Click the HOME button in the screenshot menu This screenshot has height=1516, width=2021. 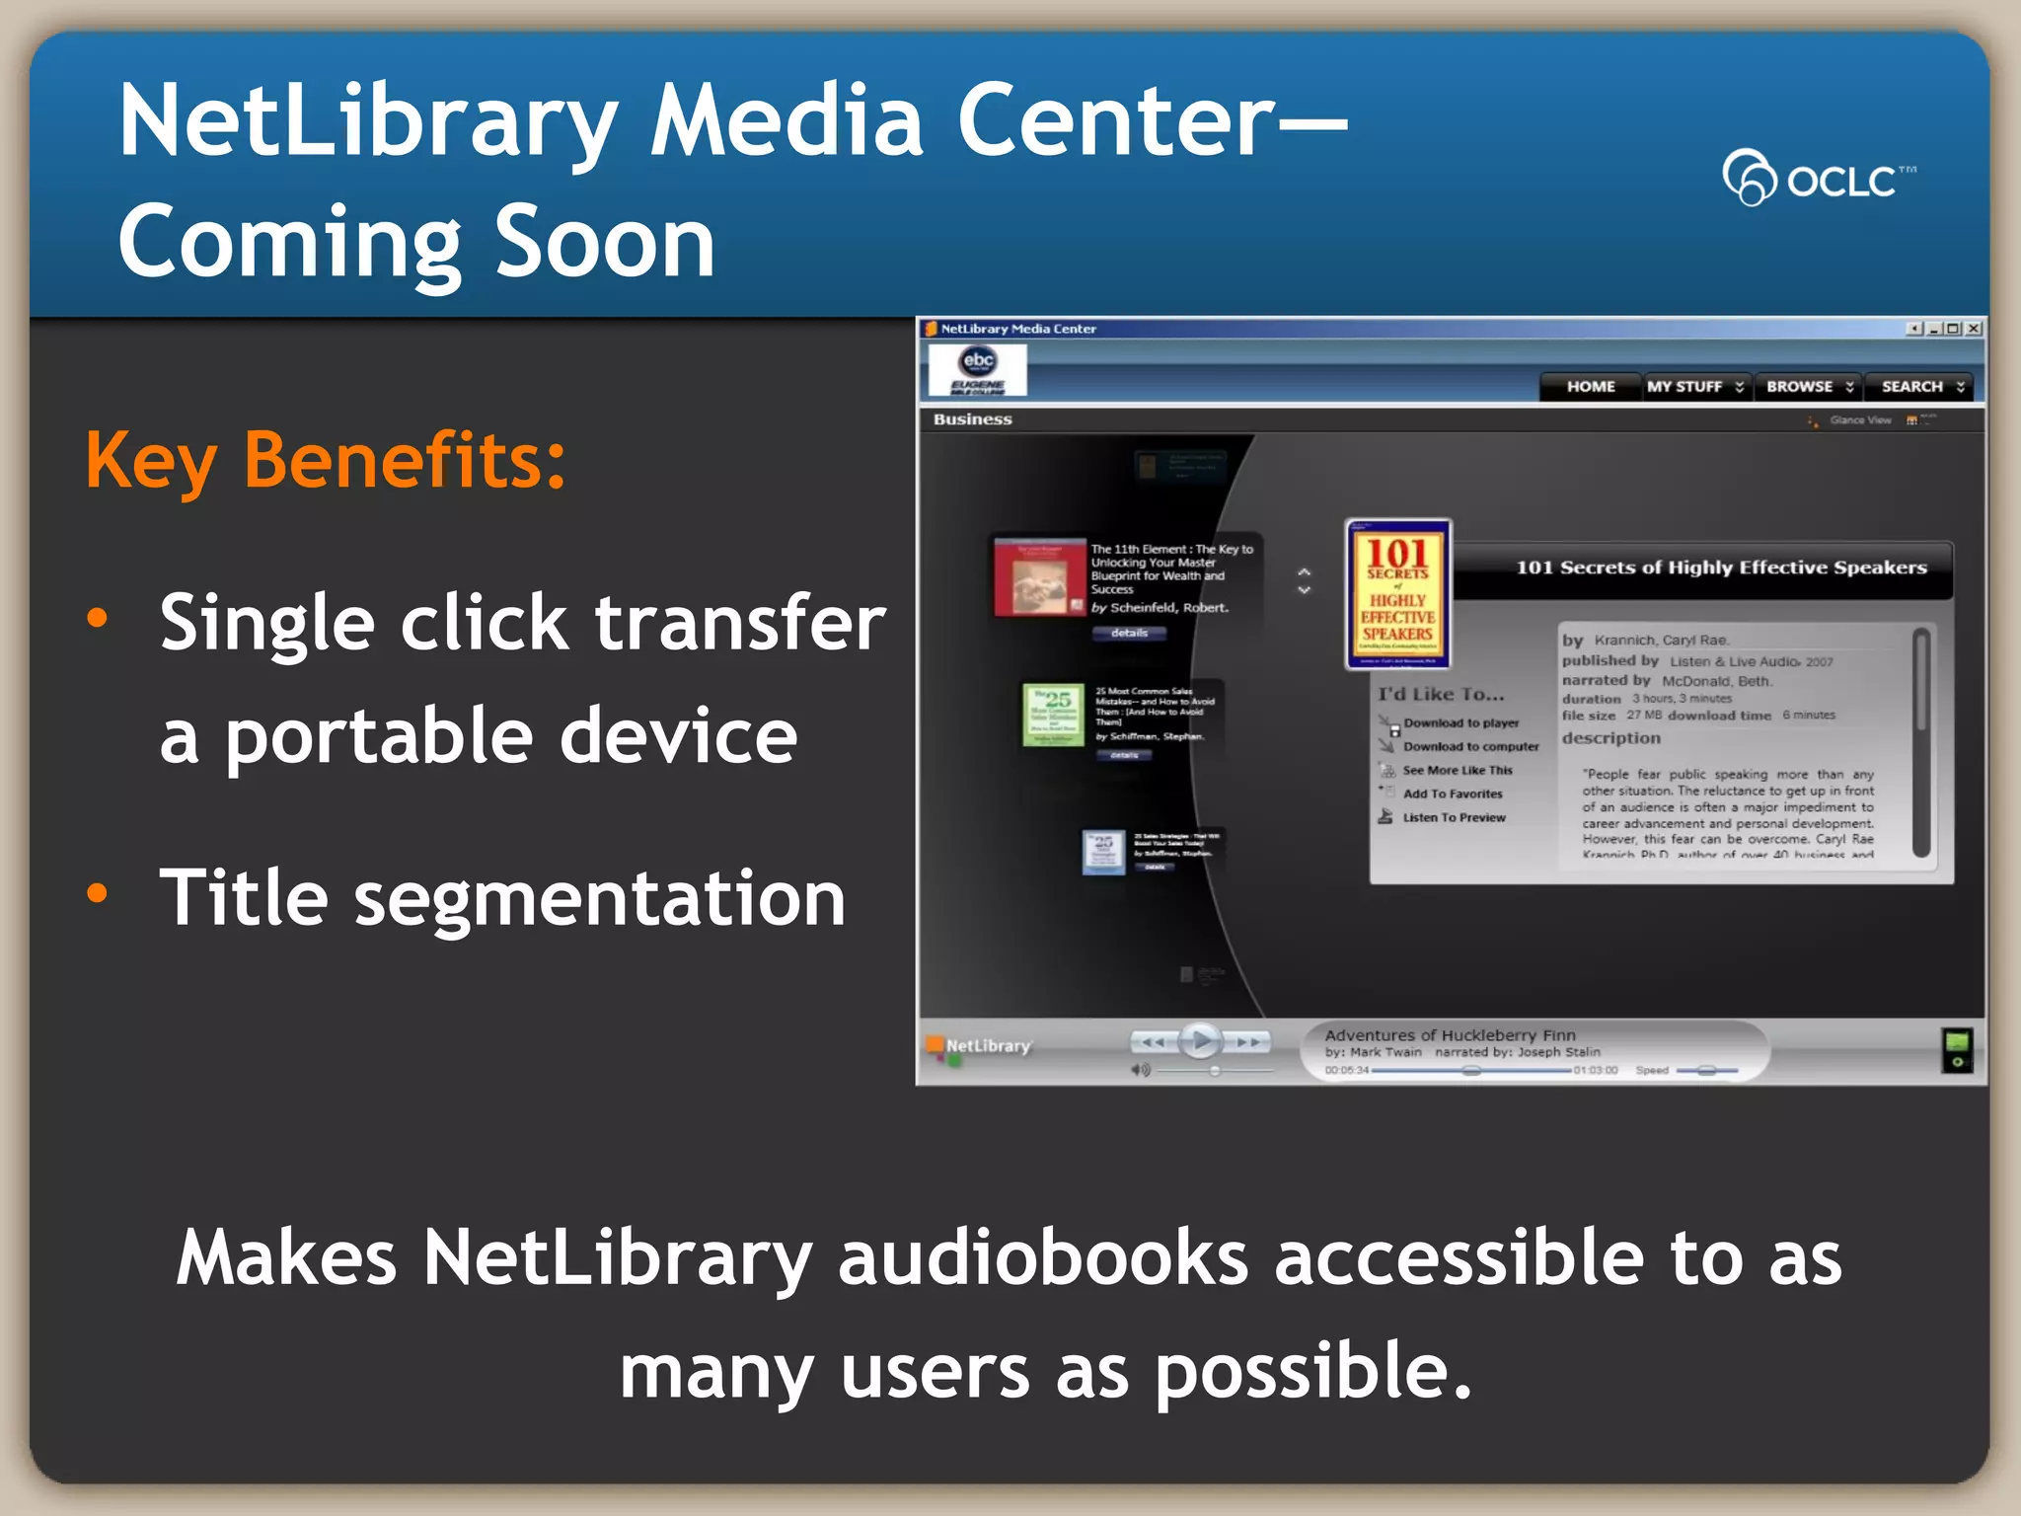click(1591, 387)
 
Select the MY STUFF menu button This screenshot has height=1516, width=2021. click(1694, 387)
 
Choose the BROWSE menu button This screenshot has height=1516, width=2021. click(1809, 387)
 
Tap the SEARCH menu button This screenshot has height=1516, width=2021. click(1921, 387)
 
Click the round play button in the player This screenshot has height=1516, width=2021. click(1200, 1040)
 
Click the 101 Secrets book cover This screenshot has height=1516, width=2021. click(1397, 594)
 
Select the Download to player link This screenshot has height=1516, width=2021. click(1460, 723)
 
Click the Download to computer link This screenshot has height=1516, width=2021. click(1470, 747)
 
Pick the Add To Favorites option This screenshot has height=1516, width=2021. click(1453, 795)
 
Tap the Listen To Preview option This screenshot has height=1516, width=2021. click(1454, 818)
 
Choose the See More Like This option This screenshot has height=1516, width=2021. click(1458, 771)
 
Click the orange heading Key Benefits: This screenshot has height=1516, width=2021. click(326, 461)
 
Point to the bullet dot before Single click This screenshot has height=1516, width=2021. click(97, 619)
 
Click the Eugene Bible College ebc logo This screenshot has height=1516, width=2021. click(977, 370)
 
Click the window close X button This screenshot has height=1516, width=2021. click(1973, 329)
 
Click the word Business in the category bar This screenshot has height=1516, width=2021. click(972, 419)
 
